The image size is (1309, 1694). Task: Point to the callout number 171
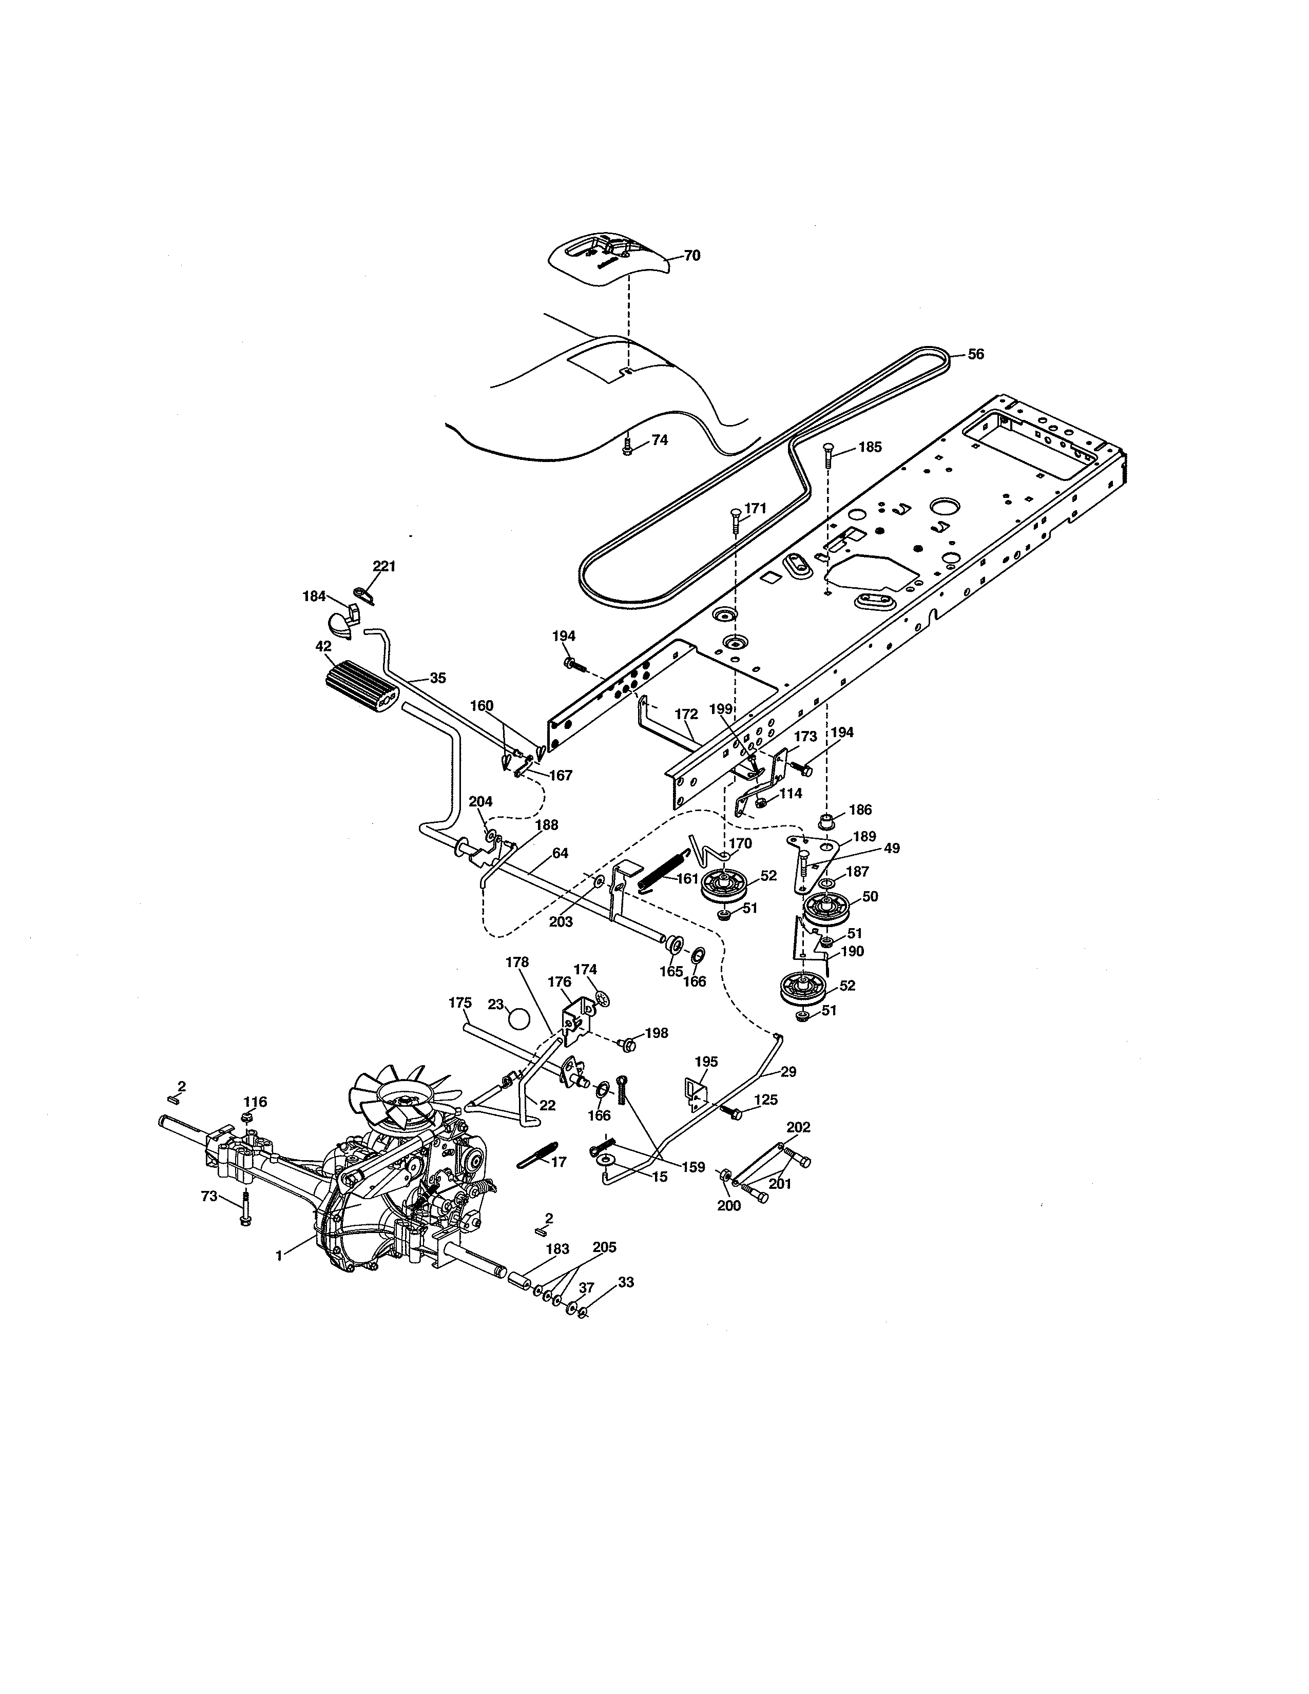755,508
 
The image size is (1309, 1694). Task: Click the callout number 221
384,566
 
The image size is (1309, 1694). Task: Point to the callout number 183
557,1249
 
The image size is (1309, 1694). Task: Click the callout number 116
255,1102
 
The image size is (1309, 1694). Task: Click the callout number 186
860,809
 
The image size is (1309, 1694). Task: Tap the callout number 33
625,1282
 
